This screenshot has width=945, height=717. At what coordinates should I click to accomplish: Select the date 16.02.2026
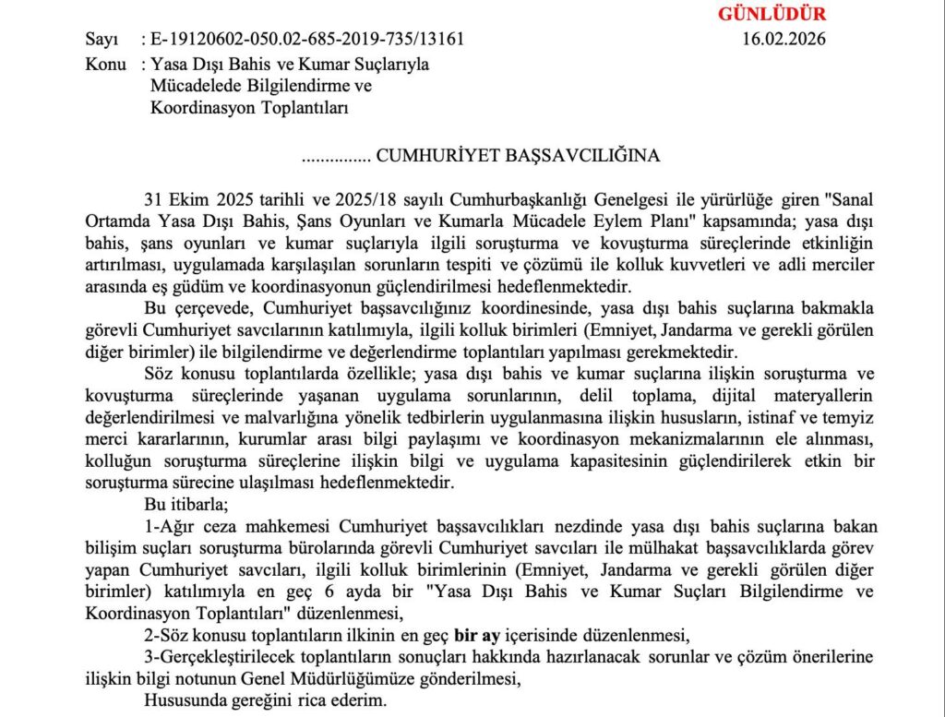click(x=784, y=39)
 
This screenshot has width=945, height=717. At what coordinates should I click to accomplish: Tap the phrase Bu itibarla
click(x=180, y=504)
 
